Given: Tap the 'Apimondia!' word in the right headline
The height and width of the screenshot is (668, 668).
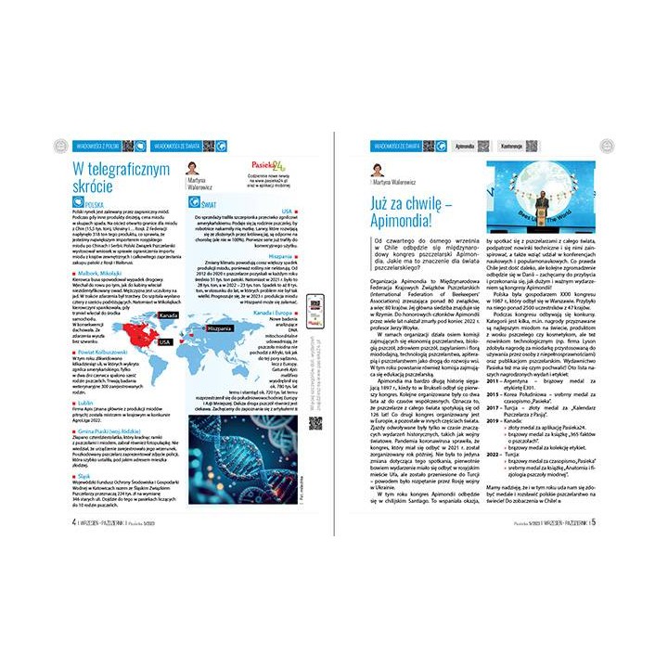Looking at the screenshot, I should [x=409, y=222].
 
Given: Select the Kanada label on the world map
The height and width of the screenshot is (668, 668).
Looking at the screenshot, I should [x=168, y=316].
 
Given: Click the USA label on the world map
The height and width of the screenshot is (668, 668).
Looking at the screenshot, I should [x=164, y=342].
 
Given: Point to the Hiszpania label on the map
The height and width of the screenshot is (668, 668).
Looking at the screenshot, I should [x=219, y=328].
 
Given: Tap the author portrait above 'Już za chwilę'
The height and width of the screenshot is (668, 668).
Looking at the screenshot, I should [x=379, y=171].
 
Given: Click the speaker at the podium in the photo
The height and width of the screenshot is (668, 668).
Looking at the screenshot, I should [x=539, y=205].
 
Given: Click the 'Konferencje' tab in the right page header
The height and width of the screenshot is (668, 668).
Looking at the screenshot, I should [x=510, y=146].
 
